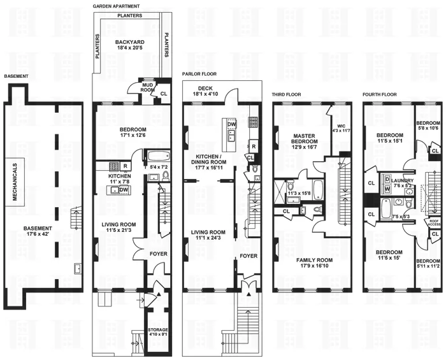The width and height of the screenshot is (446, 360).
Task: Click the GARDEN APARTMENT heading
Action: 115,5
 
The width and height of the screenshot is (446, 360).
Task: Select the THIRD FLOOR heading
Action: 286,94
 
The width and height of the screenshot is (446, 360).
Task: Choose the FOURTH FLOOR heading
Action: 379,94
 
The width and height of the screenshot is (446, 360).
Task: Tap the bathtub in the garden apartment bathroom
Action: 156,156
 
